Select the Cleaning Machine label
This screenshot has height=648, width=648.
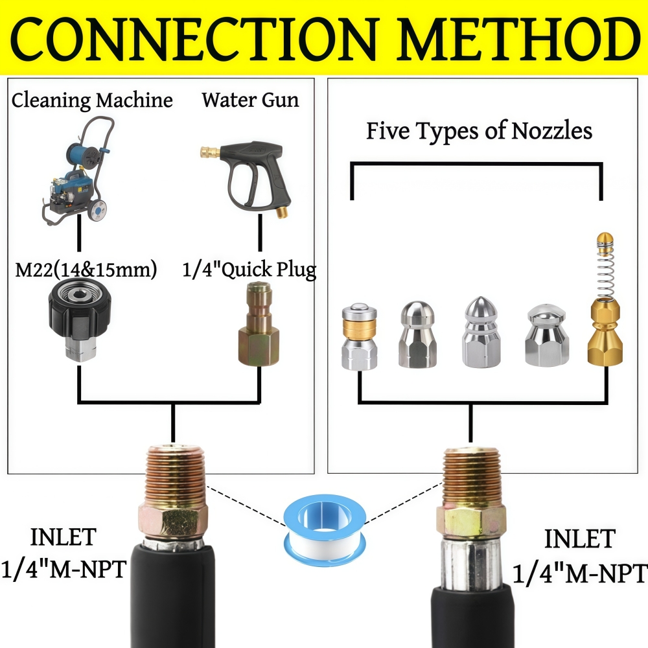pyautogui.click(x=92, y=101)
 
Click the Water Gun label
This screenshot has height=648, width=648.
pyautogui.click(x=250, y=100)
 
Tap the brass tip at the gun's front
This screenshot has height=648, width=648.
pyautogui.click(x=209, y=152)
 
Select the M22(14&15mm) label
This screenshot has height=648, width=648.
pyautogui.click(x=86, y=270)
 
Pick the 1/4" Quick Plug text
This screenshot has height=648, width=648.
pyautogui.click(x=249, y=270)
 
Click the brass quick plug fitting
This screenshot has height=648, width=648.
pyautogui.click(x=259, y=324)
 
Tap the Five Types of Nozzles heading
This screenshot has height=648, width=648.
pyautogui.click(x=479, y=131)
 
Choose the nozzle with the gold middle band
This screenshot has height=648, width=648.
pyautogui.click(x=359, y=336)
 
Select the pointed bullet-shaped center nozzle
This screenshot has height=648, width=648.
pyautogui.click(x=481, y=332)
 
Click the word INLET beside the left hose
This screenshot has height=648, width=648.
pyautogui.click(x=64, y=537)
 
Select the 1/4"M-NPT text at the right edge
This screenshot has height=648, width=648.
pyautogui.click(x=580, y=573)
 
